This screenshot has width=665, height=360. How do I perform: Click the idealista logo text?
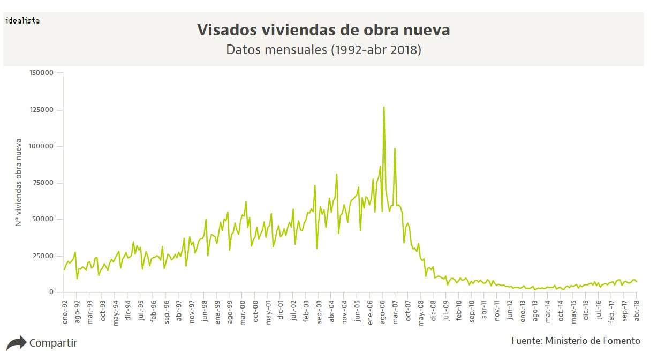click(22, 20)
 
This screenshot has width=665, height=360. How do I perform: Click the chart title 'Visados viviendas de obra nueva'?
click(323, 30)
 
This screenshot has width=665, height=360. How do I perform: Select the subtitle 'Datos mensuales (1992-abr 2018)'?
click(323, 50)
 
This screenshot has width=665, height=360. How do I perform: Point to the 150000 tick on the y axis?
click(42, 73)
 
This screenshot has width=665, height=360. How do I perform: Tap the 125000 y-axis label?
click(42, 110)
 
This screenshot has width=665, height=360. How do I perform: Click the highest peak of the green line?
click(384, 107)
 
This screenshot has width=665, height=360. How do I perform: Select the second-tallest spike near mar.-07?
click(395, 149)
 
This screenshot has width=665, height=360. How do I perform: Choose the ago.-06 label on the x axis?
click(382, 310)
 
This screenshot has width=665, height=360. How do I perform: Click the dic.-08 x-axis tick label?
click(433, 310)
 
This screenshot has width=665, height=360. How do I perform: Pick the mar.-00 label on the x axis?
click(242, 310)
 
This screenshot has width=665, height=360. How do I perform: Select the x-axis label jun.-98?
click(204, 310)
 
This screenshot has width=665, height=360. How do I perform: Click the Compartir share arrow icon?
click(16, 343)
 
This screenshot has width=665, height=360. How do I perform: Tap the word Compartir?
click(53, 343)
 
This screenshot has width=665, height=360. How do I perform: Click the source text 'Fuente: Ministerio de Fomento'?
click(576, 341)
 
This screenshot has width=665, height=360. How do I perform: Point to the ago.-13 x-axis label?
click(535, 310)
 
